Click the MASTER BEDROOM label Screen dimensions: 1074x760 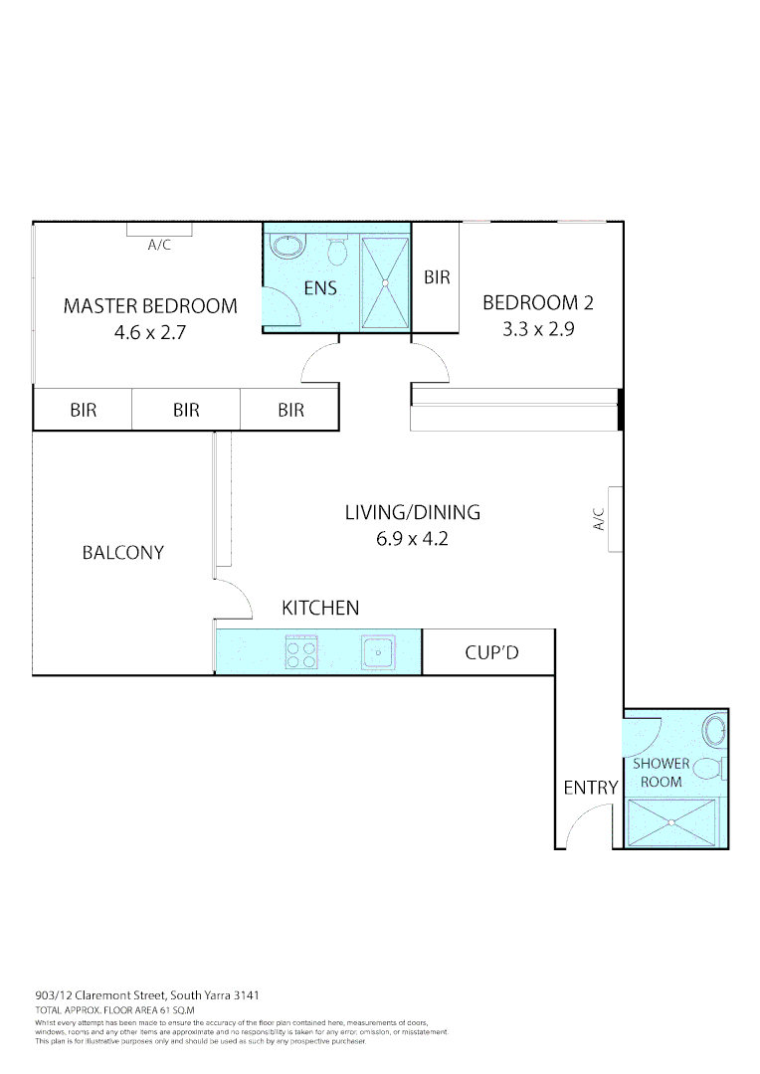click(x=150, y=306)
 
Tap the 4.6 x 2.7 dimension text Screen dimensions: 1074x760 click(x=150, y=333)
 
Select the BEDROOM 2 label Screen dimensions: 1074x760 click(x=544, y=302)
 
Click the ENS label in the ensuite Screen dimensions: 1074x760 click(x=320, y=289)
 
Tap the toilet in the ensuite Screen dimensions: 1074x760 click(x=337, y=251)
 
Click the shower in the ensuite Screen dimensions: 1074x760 click(x=384, y=282)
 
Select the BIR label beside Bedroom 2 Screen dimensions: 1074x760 click(x=437, y=277)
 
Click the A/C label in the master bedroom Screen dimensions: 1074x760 click(x=159, y=245)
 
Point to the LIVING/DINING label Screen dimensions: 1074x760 click(x=412, y=513)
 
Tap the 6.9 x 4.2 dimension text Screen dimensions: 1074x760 click(x=412, y=541)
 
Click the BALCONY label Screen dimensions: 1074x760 click(x=122, y=553)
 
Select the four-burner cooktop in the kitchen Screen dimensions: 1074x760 click(x=301, y=652)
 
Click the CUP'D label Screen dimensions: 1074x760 click(x=492, y=653)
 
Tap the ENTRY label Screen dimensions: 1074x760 click(x=591, y=788)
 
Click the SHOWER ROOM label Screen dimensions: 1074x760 click(x=661, y=773)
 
